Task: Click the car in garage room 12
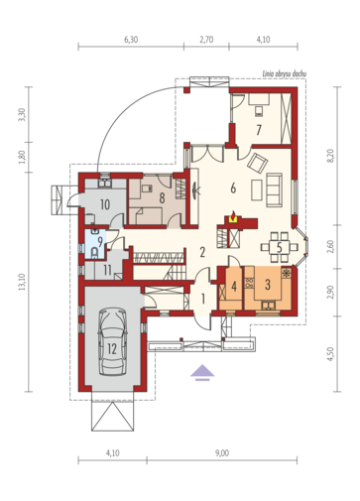pyautogui.click(x=112, y=342)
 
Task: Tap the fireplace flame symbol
pyautogui.click(x=233, y=217)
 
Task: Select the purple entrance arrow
pyautogui.click(x=202, y=373)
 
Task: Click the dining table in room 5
pyautogui.click(x=280, y=247)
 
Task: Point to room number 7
pyautogui.click(x=259, y=130)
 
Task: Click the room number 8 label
pyautogui.click(x=162, y=197)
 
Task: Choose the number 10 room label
pyautogui.click(x=105, y=204)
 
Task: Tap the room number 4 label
pyautogui.click(x=234, y=286)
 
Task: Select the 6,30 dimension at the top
pyautogui.click(x=131, y=40)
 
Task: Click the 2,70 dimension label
pyautogui.click(x=206, y=40)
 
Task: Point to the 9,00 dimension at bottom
pyautogui.click(x=222, y=453)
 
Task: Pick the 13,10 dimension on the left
pyautogui.click(x=22, y=282)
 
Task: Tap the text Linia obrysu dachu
pyautogui.click(x=285, y=73)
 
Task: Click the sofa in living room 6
pyautogui.click(x=274, y=189)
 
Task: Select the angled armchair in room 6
pyautogui.click(x=257, y=163)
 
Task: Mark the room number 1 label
pyautogui.click(x=203, y=299)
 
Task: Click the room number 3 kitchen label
pyautogui.click(x=268, y=285)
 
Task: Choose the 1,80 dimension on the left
pyautogui.click(x=22, y=157)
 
